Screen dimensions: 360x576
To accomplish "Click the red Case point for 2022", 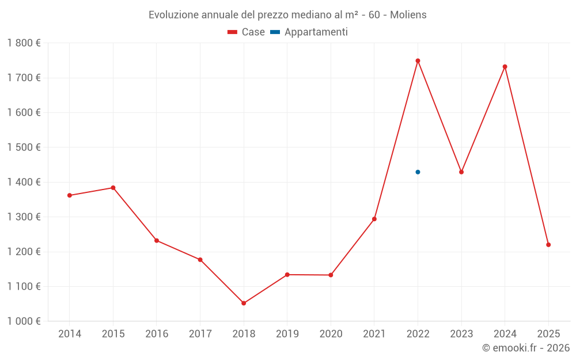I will (x=418, y=60).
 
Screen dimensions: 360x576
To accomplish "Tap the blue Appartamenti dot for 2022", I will (x=418, y=172).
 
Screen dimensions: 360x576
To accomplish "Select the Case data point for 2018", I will (x=244, y=303).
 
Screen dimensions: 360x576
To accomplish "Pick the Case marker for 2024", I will (x=505, y=67).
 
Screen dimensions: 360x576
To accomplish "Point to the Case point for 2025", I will (x=548, y=245).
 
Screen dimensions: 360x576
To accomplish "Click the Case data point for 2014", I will (x=70, y=195).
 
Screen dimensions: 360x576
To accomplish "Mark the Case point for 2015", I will (x=113, y=188).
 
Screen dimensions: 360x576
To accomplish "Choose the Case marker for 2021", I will (x=374, y=219).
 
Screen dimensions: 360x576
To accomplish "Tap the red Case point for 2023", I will (x=461, y=172).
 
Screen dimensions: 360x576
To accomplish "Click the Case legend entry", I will (x=247, y=32).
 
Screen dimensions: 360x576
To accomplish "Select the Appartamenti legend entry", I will (x=309, y=32).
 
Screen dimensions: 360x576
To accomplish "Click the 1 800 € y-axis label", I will (x=24, y=43).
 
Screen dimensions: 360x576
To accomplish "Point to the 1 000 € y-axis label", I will (x=24, y=321).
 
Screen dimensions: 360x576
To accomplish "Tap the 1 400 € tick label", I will (x=24, y=182).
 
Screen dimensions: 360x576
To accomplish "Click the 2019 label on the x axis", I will (x=287, y=334).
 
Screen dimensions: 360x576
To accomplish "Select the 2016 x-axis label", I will (x=157, y=334).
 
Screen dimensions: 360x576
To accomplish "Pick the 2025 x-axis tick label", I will (x=548, y=334).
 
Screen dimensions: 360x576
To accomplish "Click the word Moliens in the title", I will (x=408, y=15).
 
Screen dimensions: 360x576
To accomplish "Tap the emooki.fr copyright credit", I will (x=526, y=348).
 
